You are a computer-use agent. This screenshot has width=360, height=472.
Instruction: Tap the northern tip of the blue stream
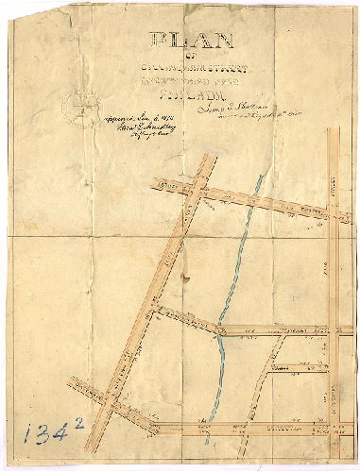[x=252, y=177]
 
